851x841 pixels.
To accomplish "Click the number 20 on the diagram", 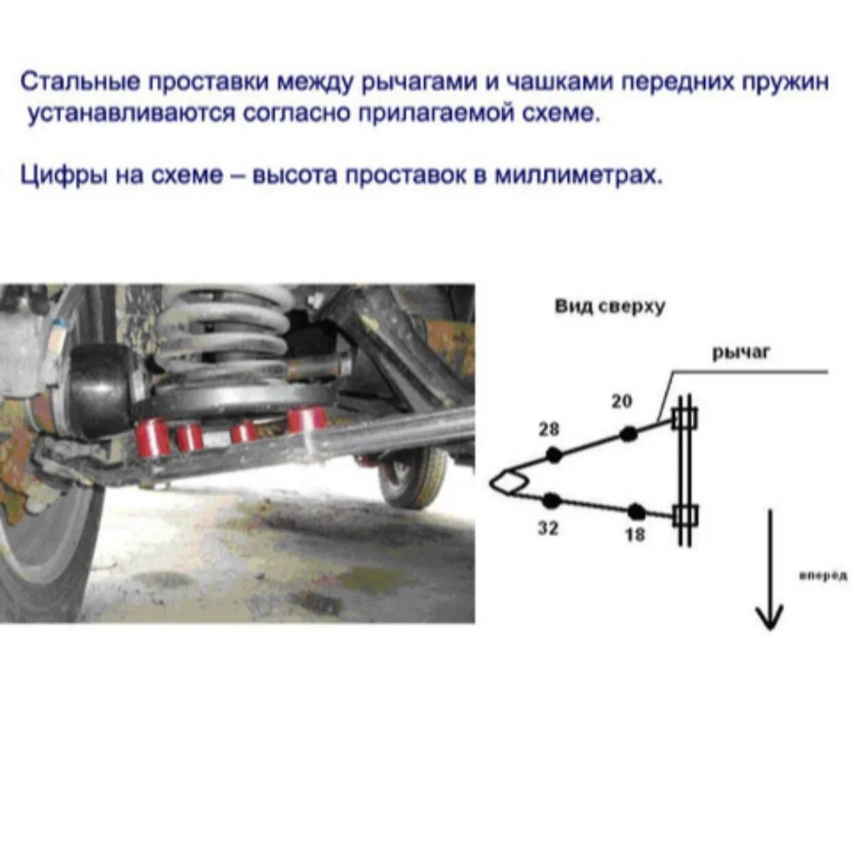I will point(621,401).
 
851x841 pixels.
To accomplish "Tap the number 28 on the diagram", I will point(549,429).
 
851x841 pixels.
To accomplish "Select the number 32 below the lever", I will point(547,528).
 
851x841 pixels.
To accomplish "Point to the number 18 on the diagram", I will point(635,535).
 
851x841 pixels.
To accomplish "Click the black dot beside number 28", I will point(553,455).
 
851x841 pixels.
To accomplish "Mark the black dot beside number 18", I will point(636,510).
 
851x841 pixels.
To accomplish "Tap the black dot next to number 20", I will point(627,434).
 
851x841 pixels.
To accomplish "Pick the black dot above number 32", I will point(552,501).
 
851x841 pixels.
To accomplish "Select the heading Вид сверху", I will point(609,308).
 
